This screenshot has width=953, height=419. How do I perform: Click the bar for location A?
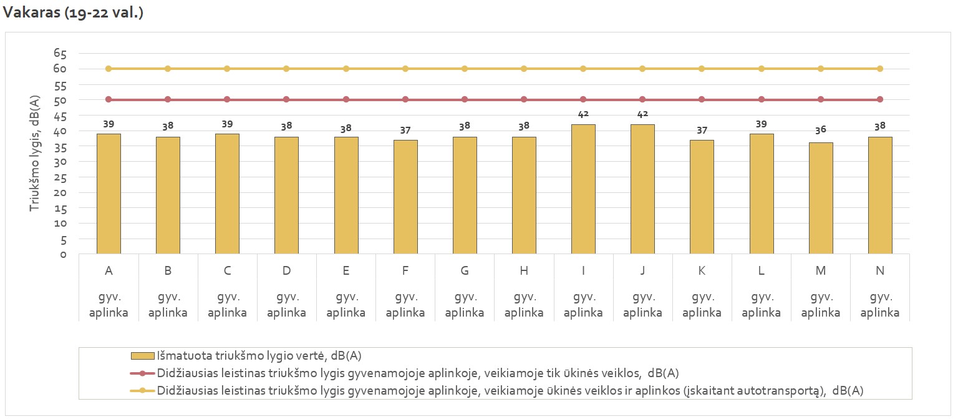(109, 194)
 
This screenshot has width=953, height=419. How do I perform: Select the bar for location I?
(583, 189)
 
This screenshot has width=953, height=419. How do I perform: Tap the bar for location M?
(821, 198)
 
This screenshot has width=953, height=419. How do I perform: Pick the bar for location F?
(405, 197)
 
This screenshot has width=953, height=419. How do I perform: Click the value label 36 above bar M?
(821, 130)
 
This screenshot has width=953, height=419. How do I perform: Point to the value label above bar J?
(642, 114)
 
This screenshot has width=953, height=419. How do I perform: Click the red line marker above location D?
(286, 99)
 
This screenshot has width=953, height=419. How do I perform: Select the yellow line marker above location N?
(880, 69)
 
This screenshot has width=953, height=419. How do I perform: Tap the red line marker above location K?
(702, 99)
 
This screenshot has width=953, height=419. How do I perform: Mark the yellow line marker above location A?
(109, 69)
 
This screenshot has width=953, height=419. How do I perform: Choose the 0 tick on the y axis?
(63, 254)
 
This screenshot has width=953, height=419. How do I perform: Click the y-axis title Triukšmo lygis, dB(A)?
(36, 153)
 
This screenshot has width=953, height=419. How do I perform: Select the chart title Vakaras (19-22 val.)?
(74, 12)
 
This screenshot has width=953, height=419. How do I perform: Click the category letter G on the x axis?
(465, 271)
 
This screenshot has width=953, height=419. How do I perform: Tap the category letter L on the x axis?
(762, 271)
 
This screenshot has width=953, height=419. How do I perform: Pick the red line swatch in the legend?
(143, 373)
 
